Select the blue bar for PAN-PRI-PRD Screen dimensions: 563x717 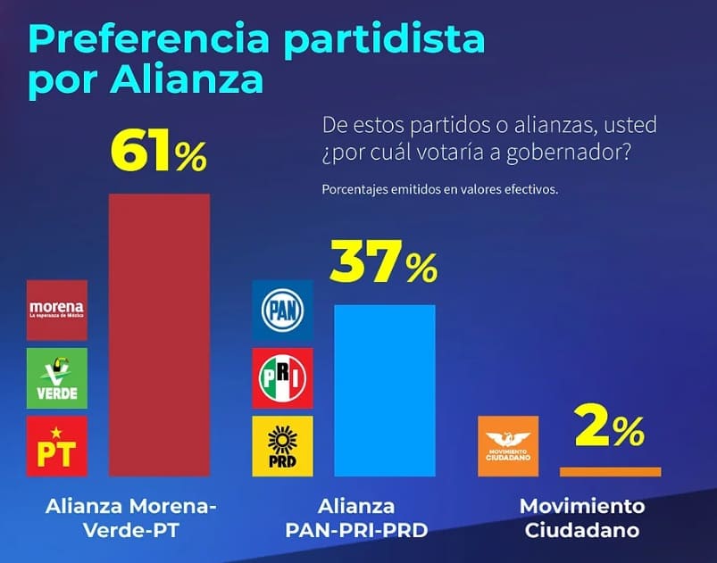pos(384,390)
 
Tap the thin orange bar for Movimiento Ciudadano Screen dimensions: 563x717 pos(610,471)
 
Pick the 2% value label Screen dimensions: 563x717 pos(610,431)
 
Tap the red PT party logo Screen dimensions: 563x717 pos(57,445)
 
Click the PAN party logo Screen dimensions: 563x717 pos(282,310)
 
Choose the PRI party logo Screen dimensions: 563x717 pos(282,377)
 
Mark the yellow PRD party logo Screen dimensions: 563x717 pos(282,445)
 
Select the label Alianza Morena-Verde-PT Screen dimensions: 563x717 pos(131,518)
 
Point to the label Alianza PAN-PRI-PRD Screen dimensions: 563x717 pos(357,518)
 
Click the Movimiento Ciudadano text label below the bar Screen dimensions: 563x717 pos(582,518)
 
